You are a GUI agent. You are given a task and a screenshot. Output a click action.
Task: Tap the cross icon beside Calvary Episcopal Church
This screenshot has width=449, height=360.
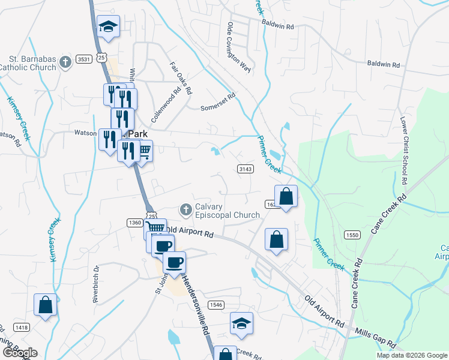[x=185, y=209]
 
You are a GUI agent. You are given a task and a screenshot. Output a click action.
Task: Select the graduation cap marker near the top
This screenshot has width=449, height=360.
[x=109, y=26]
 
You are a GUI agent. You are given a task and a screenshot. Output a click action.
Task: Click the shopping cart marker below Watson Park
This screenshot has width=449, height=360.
[x=144, y=151]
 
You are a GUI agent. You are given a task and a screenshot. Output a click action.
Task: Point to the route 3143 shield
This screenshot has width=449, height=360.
[x=245, y=169]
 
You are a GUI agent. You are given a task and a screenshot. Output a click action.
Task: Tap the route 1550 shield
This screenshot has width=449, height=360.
[x=352, y=235]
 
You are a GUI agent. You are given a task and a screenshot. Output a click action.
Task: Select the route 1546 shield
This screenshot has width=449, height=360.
[x=216, y=305]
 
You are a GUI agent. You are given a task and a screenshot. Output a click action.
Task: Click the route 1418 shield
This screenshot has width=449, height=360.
[x=22, y=327]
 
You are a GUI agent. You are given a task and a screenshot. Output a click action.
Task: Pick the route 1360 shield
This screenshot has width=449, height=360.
[x=134, y=223]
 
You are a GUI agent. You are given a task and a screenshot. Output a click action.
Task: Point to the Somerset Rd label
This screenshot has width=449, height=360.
[x=217, y=100]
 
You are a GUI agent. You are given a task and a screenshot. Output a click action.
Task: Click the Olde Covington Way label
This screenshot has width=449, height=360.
[x=238, y=47]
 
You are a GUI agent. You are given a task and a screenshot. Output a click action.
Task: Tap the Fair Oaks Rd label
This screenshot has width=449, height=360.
[x=180, y=79]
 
